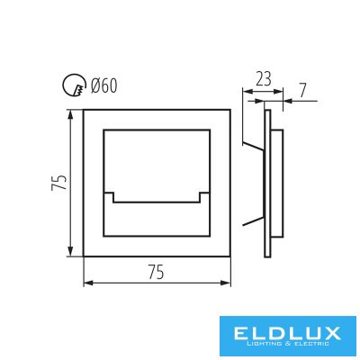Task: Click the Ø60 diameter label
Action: (103, 86)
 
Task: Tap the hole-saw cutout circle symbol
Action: (74, 85)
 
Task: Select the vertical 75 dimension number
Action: (59, 182)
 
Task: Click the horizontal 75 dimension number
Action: (157, 273)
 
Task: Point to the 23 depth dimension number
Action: (263, 79)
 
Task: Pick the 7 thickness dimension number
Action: (302, 91)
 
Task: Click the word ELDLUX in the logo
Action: (286, 333)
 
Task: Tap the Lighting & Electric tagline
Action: (286, 344)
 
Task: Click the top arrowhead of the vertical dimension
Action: (70, 114)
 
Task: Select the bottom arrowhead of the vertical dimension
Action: (70, 251)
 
